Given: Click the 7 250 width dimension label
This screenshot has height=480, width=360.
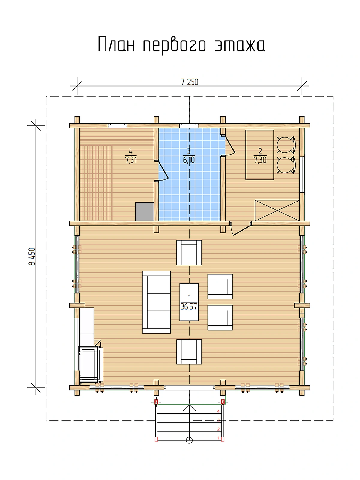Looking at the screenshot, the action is [190, 82].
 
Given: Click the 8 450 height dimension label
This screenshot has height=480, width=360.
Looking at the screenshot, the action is [32, 257].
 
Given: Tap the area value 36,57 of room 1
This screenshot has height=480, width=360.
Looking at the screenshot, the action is [189, 307].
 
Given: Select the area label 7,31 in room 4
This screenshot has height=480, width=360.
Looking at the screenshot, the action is [131, 160].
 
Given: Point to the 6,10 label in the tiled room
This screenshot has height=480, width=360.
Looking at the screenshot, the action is [189, 160].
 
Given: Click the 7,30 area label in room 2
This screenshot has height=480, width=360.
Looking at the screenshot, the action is [260, 160].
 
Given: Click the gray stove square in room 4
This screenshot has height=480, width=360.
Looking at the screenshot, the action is [145, 212].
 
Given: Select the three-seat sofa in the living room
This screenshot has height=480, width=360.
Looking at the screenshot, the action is [157, 302].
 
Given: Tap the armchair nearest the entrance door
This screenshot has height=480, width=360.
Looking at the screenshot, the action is [189, 352].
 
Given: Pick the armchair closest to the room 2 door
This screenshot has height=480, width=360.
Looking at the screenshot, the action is [189, 253].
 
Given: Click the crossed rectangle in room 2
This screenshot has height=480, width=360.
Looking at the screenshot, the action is [277, 210].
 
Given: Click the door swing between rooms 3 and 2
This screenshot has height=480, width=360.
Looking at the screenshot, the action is [229, 145].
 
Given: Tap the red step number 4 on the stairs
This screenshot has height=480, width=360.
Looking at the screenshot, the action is [218, 411].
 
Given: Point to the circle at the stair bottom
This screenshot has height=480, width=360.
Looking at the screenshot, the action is [189, 440].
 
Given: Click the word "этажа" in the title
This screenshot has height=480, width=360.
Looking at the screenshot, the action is [240, 45].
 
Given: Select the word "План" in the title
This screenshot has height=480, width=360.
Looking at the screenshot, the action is [116, 44].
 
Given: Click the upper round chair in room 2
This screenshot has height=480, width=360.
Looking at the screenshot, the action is [286, 145].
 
